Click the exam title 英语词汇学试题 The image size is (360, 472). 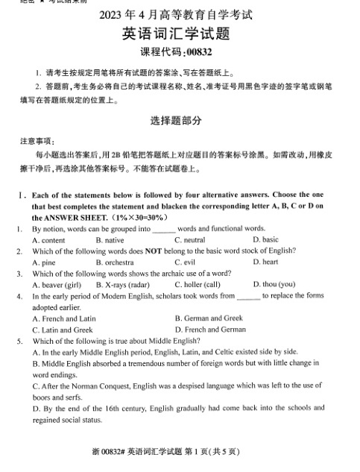click(x=179, y=34)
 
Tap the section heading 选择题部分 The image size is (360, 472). click(x=179, y=120)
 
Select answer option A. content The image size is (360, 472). click(x=48, y=240)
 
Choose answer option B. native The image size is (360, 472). click(x=110, y=240)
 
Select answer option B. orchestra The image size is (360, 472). click(x=115, y=262)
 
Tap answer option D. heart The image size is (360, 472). click(x=265, y=262)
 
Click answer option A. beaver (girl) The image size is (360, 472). click(x=57, y=285)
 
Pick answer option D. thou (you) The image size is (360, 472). click(x=274, y=285)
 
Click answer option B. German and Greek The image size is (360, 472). click(x=209, y=318)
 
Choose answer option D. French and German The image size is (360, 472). click(x=210, y=330)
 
